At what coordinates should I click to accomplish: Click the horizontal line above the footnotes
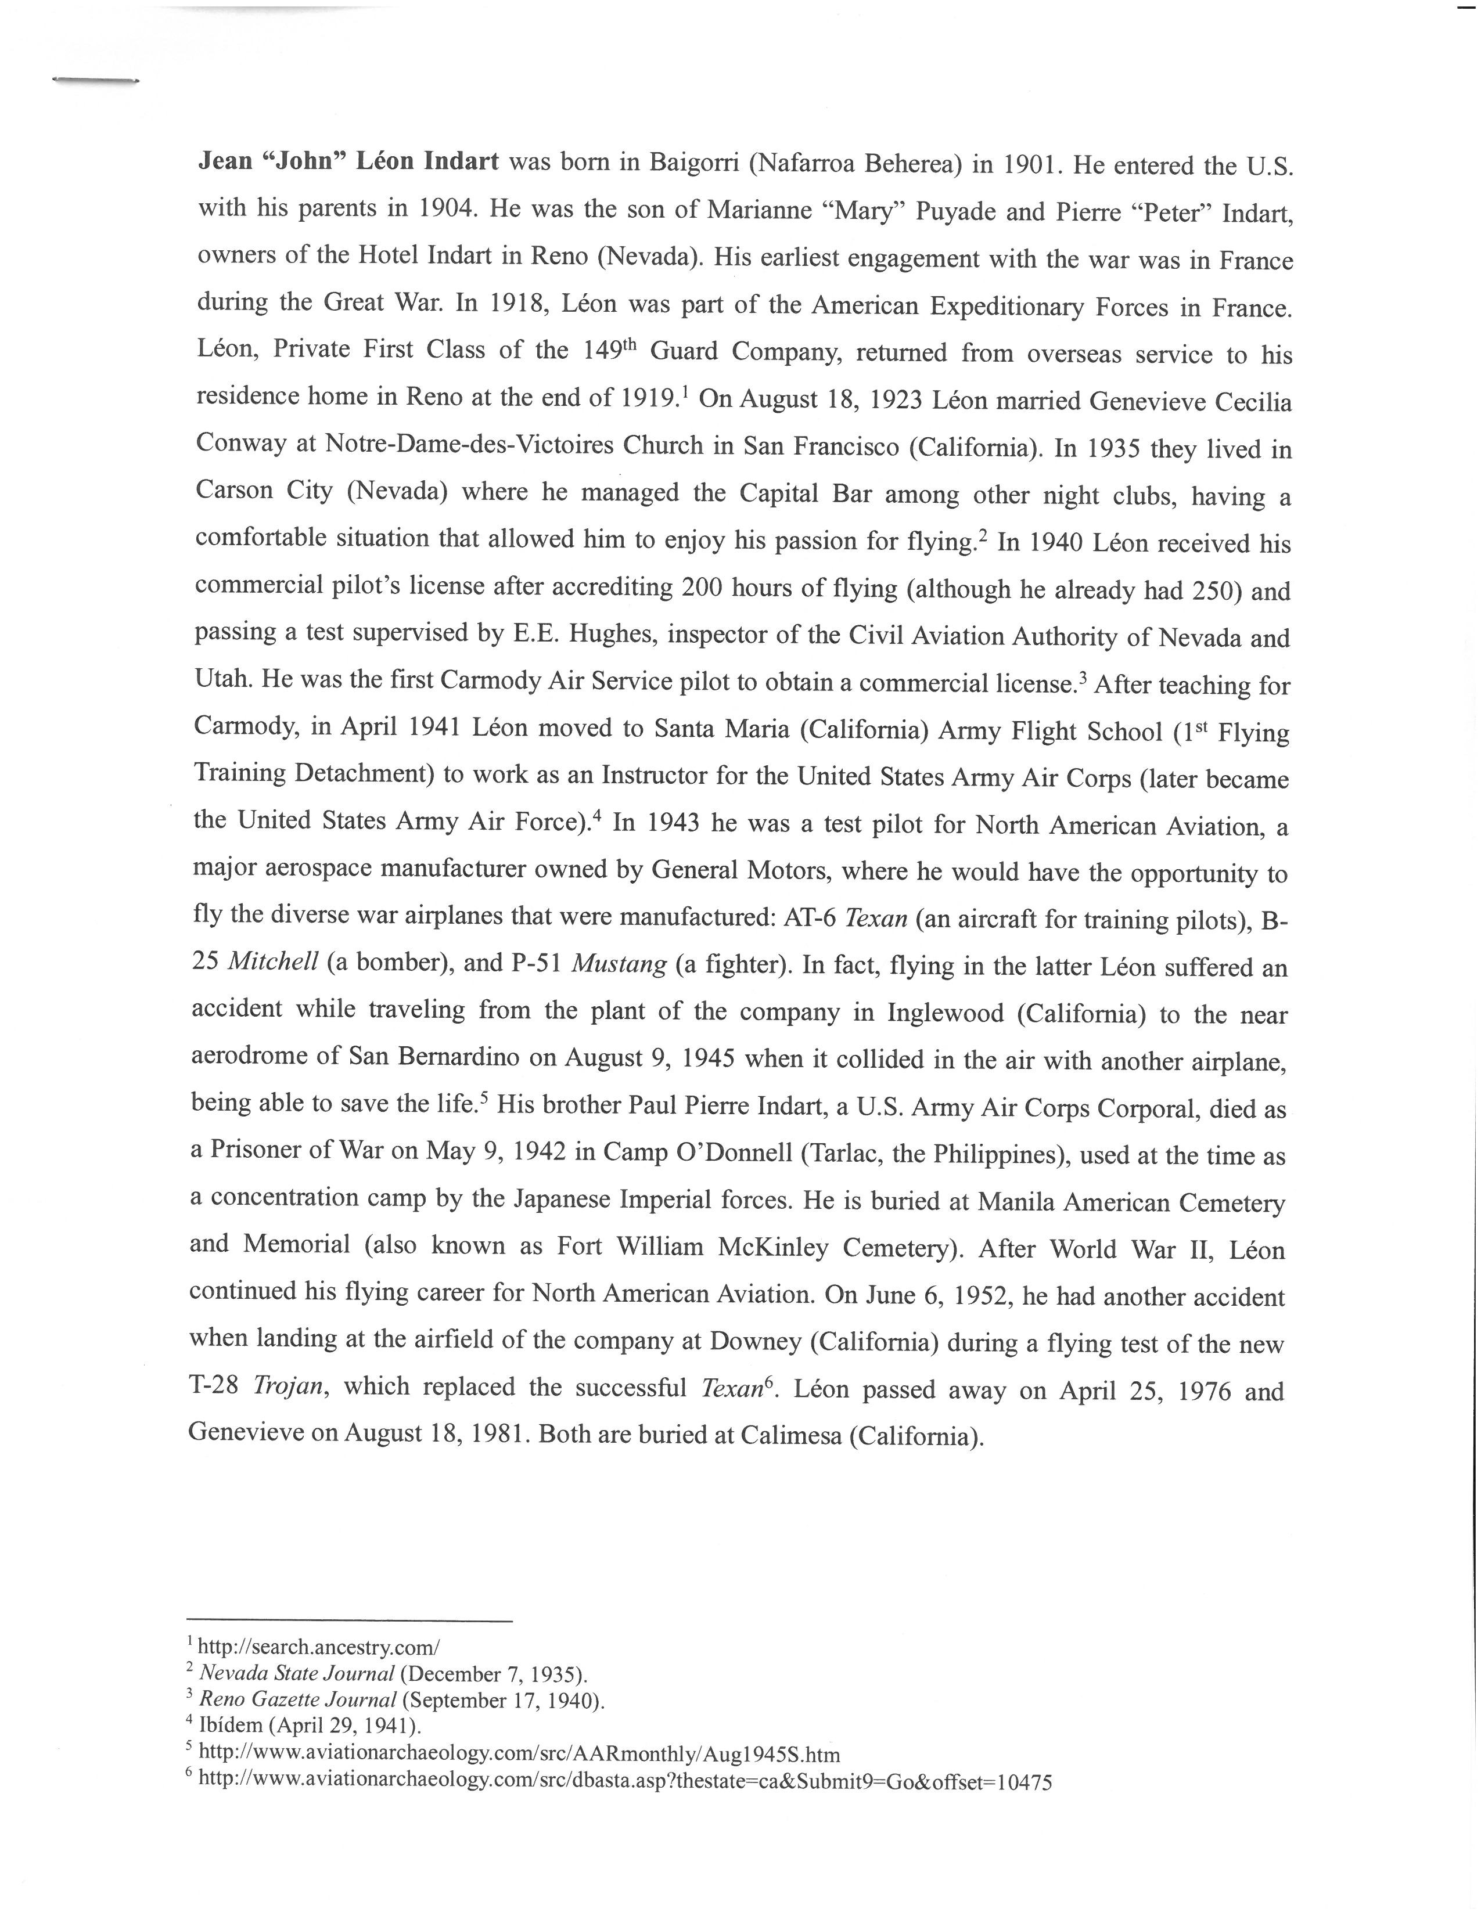pos(349,1620)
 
